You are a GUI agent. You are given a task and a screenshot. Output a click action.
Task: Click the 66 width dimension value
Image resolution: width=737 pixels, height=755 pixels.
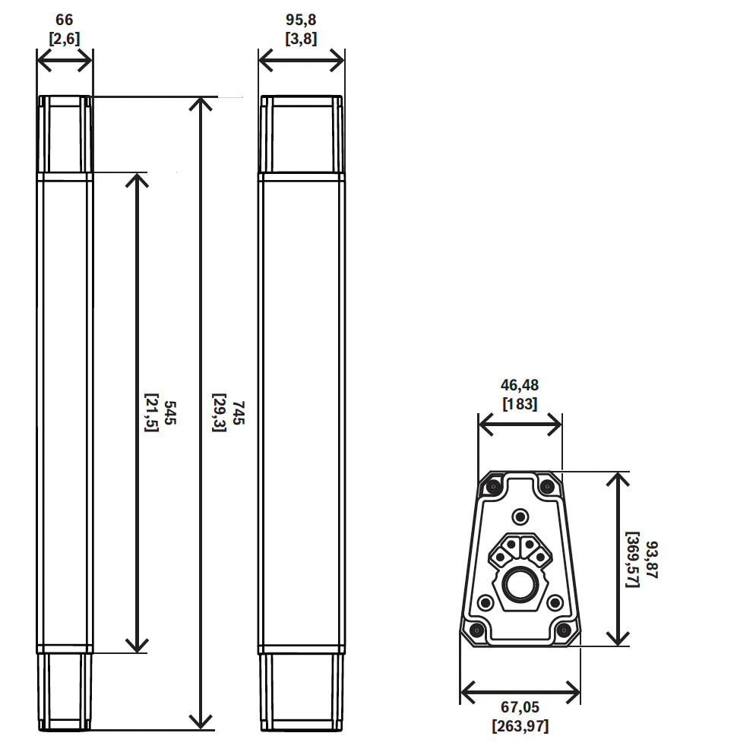pos(64,20)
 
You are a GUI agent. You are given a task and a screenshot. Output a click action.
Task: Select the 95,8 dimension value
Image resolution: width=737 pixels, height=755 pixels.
pos(301,20)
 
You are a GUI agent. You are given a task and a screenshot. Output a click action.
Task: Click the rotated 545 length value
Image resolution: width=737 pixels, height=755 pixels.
pos(170,412)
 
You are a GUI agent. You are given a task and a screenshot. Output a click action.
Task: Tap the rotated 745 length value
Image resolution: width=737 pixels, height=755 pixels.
pos(239,412)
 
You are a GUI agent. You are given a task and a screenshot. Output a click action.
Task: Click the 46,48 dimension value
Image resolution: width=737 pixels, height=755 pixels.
pos(520,385)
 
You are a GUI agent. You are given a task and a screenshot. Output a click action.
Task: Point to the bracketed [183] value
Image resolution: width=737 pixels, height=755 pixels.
pos(520,403)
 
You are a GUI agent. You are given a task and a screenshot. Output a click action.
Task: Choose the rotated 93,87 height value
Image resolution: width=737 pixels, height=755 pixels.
pos(652,560)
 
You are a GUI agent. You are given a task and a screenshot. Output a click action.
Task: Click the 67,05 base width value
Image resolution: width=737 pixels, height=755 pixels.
pos(520,707)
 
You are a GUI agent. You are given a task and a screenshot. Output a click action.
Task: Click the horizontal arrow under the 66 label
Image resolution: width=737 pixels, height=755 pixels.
pos(65,62)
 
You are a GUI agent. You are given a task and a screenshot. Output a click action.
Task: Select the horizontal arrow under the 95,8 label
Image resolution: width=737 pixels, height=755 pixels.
pos(301,62)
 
